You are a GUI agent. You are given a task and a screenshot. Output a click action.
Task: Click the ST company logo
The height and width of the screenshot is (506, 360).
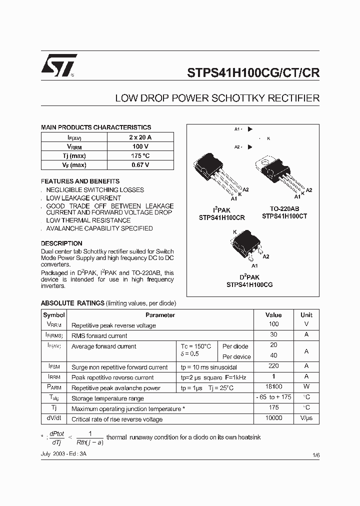(x=59, y=65)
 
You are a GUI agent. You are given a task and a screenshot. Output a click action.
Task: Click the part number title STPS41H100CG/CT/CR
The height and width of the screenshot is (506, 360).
(x=253, y=71)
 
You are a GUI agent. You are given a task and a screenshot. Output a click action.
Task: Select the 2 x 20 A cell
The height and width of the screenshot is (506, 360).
(x=140, y=137)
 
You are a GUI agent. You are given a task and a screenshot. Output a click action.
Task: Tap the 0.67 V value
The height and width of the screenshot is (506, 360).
(x=140, y=165)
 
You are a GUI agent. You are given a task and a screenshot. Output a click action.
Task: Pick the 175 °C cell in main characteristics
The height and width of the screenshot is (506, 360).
(x=140, y=156)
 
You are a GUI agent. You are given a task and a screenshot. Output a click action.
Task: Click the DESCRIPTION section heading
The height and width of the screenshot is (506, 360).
(x=61, y=243)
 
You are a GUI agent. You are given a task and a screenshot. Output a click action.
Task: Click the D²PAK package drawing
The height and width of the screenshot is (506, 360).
(x=246, y=245)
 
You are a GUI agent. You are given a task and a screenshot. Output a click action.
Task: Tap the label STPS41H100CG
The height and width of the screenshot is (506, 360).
(x=249, y=285)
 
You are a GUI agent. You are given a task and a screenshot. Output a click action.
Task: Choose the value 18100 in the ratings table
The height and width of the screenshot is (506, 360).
(x=273, y=387)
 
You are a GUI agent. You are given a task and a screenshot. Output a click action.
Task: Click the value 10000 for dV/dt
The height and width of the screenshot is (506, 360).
(x=273, y=418)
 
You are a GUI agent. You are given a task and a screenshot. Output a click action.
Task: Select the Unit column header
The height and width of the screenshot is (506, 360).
(x=306, y=315)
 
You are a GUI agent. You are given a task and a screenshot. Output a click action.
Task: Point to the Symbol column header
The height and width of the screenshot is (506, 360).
(x=54, y=315)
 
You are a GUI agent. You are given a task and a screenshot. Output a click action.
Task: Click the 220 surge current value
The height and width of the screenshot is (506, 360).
(x=273, y=366)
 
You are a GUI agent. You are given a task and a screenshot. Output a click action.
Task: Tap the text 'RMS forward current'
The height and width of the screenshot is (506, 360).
(x=99, y=336)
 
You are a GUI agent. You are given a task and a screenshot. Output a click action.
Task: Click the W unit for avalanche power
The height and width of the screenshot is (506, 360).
(x=306, y=387)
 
